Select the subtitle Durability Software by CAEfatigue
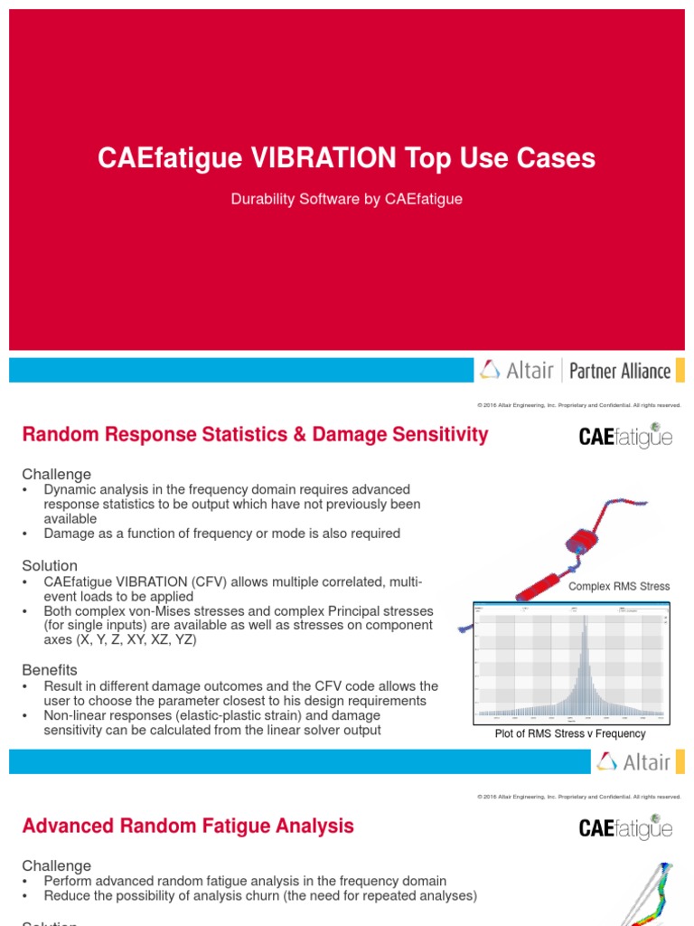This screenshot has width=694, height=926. (347, 199)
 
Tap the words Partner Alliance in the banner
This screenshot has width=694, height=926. (620, 370)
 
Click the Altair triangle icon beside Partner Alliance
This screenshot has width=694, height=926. (490, 369)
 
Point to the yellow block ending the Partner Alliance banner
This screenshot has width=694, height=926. (680, 370)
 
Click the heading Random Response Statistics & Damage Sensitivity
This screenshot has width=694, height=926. (255, 435)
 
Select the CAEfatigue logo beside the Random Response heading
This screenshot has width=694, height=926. (625, 438)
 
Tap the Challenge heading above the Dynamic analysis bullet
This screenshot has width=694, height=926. (56, 474)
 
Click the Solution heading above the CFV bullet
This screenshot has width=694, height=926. (50, 565)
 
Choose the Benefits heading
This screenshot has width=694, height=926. (50, 670)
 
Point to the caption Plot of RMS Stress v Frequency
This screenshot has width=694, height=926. (570, 734)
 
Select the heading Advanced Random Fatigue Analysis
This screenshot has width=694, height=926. (188, 826)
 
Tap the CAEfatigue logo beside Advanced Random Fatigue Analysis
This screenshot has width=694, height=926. (625, 827)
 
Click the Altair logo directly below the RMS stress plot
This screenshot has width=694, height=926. (633, 762)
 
